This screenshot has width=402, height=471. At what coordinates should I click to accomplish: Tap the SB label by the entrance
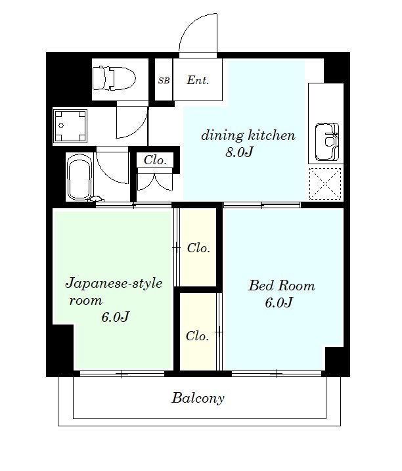click(163, 81)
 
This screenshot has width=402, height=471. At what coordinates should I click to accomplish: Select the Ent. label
click(198, 81)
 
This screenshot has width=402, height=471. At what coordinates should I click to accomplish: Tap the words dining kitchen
click(248, 136)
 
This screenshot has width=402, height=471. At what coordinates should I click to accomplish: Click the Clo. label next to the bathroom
click(155, 160)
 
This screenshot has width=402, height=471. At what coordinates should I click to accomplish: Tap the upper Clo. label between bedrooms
click(198, 248)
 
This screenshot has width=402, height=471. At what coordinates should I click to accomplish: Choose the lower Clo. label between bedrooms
click(197, 336)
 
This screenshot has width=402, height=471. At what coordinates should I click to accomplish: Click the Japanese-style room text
click(112, 292)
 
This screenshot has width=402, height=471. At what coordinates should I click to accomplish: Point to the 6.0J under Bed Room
click(279, 303)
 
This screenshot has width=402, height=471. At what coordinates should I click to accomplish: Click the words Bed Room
click(281, 286)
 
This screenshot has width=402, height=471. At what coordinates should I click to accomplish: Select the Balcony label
click(198, 397)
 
